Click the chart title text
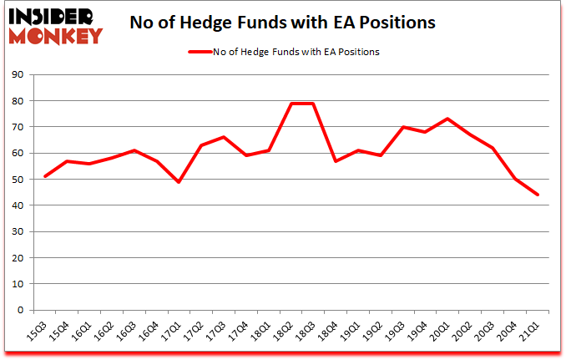pyautogui.click(x=282, y=23)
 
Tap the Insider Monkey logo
pyautogui.click(x=55, y=25)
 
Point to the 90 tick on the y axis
pyautogui.click(x=18, y=75)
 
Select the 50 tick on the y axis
pyautogui.click(x=18, y=180)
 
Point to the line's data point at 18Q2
pyautogui.click(x=292, y=104)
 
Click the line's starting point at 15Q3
pyautogui.click(x=44, y=177)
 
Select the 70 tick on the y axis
pyautogui.click(x=18, y=127)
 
